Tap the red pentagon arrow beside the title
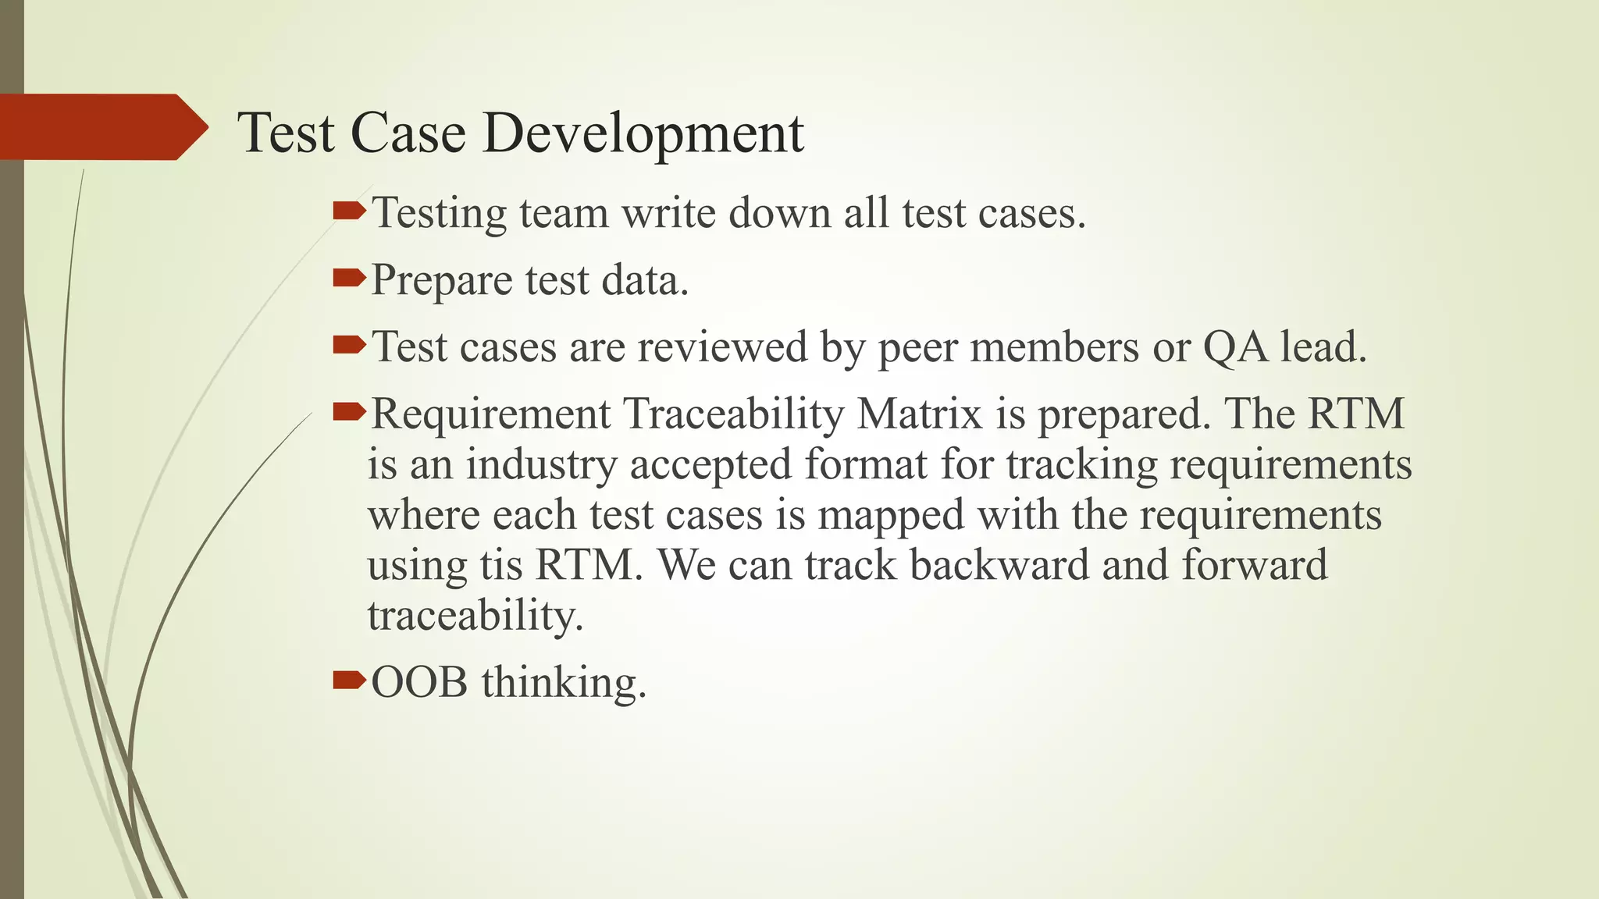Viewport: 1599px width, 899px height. coord(101,127)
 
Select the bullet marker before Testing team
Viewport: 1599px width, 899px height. coord(348,211)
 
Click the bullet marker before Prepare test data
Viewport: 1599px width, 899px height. coord(348,278)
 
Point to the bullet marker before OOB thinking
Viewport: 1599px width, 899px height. coord(348,680)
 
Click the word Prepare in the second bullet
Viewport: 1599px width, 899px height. coord(440,281)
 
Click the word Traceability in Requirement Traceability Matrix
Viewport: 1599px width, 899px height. coord(733,414)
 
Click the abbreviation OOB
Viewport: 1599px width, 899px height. coord(419,682)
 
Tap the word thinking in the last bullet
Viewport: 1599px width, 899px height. coord(564,684)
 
